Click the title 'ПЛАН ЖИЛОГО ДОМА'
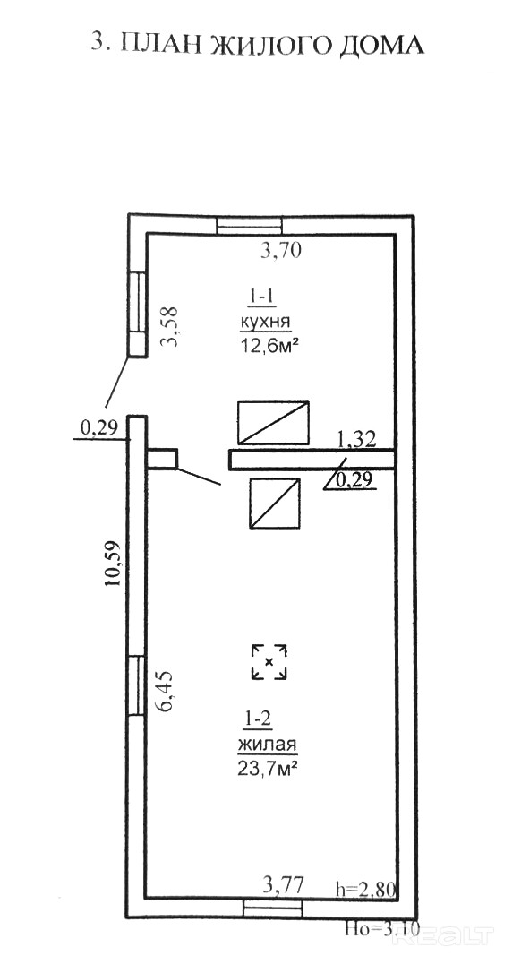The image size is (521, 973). click(272, 45)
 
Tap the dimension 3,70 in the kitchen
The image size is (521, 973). click(280, 251)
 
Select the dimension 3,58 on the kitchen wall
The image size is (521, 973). click(169, 327)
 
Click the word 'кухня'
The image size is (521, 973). click(264, 323)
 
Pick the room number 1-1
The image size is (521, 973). click(263, 298)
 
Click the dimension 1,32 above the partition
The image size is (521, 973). click(356, 439)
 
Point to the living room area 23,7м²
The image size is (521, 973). click(265, 770)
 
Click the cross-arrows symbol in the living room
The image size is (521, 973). click(269, 662)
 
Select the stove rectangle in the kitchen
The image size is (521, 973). click(274, 423)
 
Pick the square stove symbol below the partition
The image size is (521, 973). click(275, 504)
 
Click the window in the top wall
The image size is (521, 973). click(250, 225)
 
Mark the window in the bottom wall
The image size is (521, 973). click(273, 908)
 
